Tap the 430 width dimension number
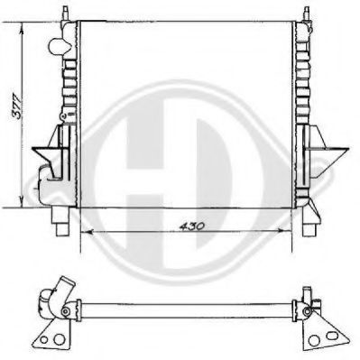coord(190,224)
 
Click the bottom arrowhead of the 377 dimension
coord(20,203)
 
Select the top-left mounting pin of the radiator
coord(65,11)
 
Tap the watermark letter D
coord(212,149)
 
